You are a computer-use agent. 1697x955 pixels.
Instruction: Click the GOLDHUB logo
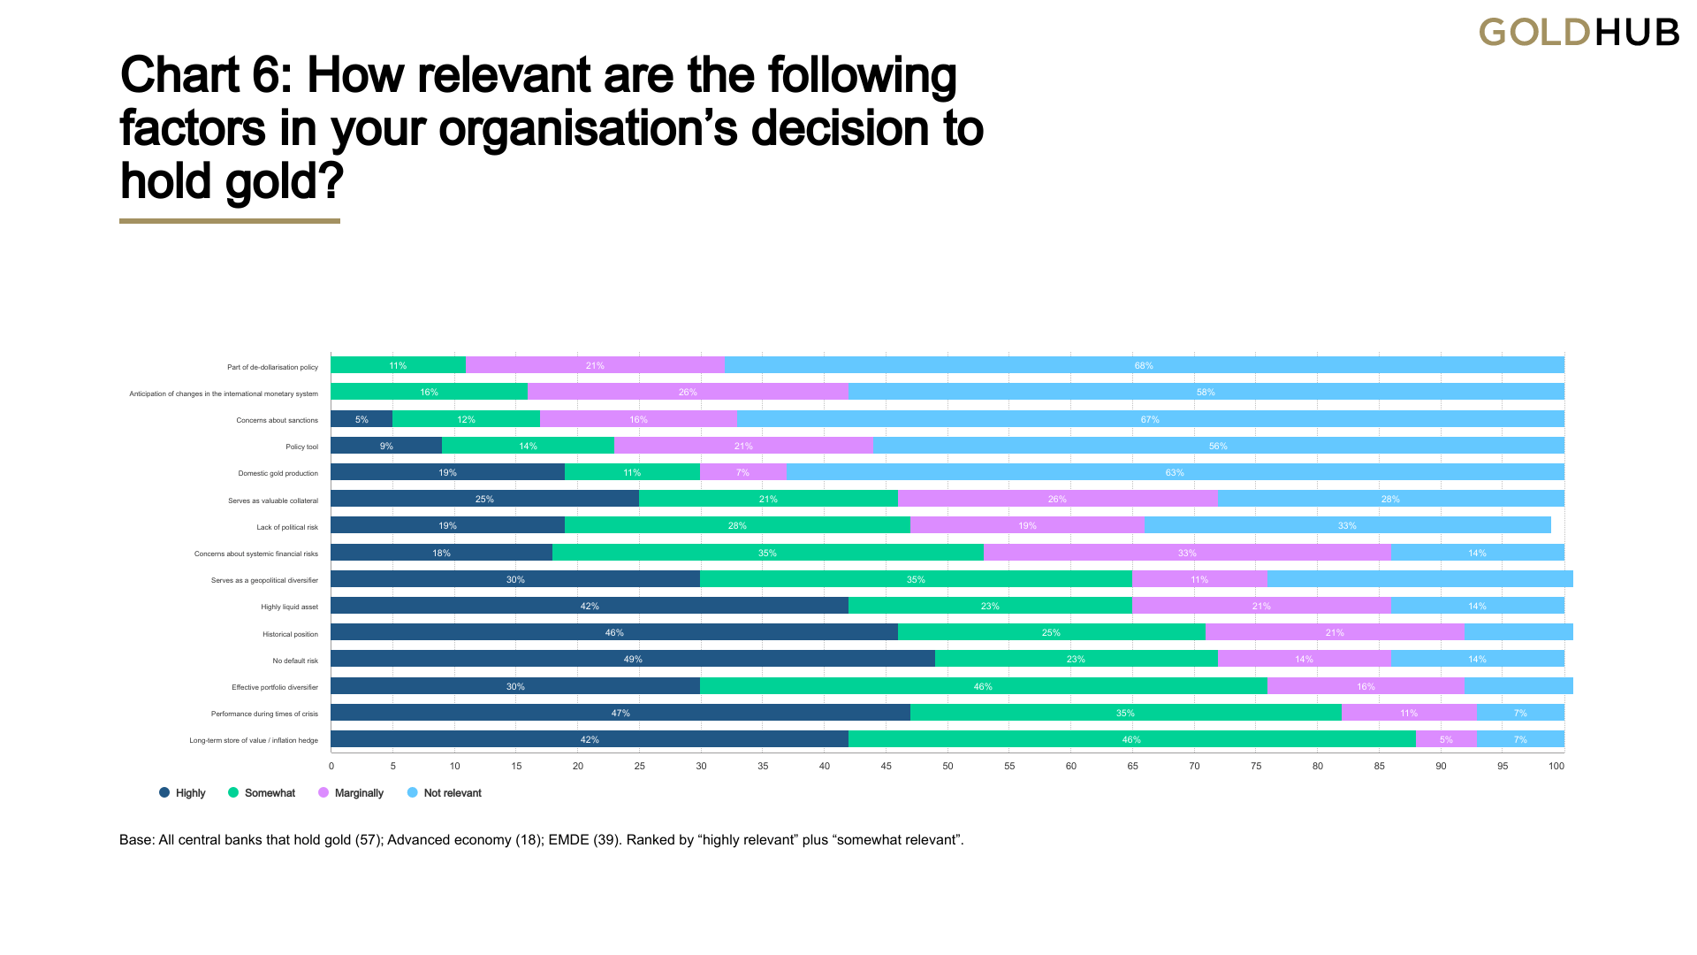coord(1579,33)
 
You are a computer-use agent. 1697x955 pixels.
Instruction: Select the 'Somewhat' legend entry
coord(263,793)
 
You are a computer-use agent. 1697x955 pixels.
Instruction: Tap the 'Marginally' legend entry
coord(351,793)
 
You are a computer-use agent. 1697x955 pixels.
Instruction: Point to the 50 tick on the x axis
coord(947,766)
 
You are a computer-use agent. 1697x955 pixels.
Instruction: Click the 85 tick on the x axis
coord(1379,766)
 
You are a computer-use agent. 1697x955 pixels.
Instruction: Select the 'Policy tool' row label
coord(301,447)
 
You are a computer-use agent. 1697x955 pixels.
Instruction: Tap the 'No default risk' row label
coord(295,661)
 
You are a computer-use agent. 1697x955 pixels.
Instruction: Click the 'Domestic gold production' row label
coord(278,473)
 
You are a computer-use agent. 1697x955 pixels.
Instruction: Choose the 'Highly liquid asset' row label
coord(289,607)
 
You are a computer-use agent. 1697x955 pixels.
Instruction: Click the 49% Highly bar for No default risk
coord(633,659)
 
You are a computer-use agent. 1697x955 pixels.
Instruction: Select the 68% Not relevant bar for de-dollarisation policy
coord(1144,365)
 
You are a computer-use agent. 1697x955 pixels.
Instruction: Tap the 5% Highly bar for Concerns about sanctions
coord(361,419)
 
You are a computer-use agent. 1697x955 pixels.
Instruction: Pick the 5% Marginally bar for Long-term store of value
coord(1446,739)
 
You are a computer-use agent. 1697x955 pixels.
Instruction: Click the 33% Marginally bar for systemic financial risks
coord(1187,553)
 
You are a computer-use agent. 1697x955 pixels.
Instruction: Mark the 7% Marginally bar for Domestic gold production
coord(742,472)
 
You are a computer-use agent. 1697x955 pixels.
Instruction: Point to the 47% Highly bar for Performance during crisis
coord(620,713)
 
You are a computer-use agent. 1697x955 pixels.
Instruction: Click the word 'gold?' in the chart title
coord(284,181)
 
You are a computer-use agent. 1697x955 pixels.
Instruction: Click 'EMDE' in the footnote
coord(568,840)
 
